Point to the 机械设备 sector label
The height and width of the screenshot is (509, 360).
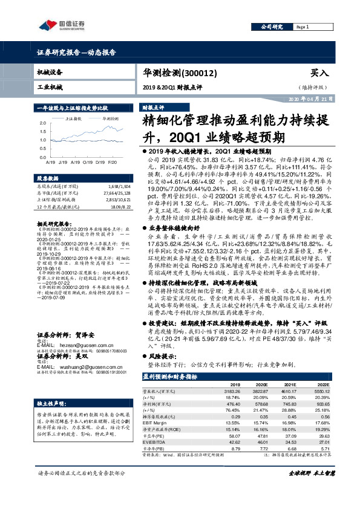click(50, 72)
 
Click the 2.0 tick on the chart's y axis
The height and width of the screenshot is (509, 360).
click(43, 121)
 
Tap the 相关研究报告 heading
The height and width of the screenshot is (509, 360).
click(54, 223)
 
